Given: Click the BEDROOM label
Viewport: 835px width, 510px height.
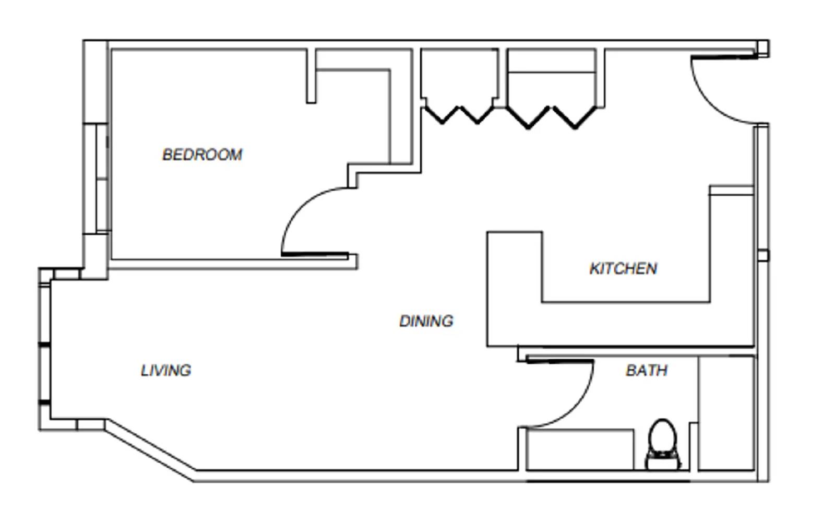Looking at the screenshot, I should pyautogui.click(x=202, y=155).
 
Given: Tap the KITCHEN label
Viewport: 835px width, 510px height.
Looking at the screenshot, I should pyautogui.click(x=623, y=268).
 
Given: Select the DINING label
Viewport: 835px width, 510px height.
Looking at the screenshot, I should pyautogui.click(x=426, y=321).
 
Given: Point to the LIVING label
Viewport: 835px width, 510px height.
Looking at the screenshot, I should pyautogui.click(x=166, y=370).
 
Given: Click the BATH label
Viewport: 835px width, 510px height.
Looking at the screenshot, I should pyautogui.click(x=646, y=370).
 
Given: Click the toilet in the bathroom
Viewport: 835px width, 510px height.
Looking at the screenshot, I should pyautogui.click(x=663, y=444).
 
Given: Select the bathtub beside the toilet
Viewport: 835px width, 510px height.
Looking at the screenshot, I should pyautogui.click(x=579, y=449).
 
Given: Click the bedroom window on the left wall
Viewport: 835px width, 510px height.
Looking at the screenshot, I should pyautogui.click(x=102, y=177).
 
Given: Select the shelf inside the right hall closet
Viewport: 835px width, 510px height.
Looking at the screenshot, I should pyautogui.click(x=552, y=72).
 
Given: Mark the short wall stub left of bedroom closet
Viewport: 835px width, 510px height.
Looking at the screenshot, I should pyautogui.click(x=311, y=76).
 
